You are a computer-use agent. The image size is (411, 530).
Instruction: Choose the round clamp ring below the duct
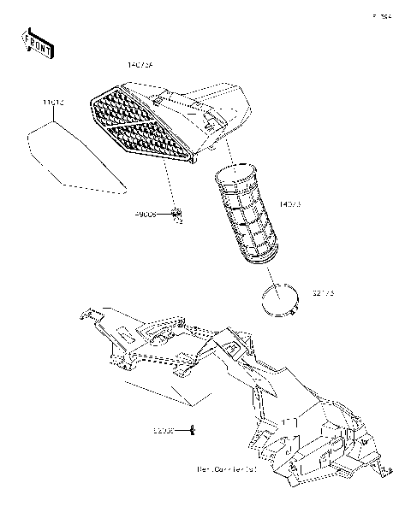pos(280,301)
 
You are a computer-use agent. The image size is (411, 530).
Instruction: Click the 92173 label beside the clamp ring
pos(320,293)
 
